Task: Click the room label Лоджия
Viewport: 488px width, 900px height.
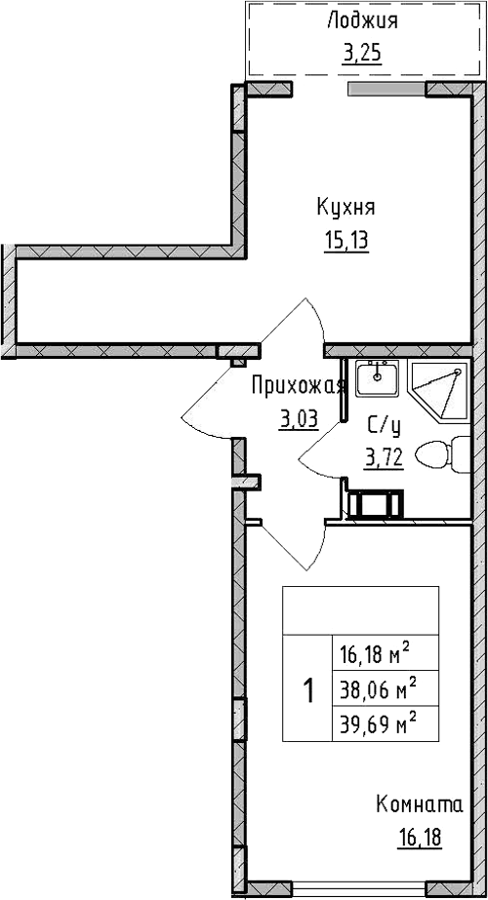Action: pyautogui.click(x=362, y=21)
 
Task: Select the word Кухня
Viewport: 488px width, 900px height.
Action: pyautogui.click(x=346, y=208)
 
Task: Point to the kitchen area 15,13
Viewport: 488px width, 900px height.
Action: pyautogui.click(x=346, y=241)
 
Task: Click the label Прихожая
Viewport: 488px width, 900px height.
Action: pyautogui.click(x=299, y=387)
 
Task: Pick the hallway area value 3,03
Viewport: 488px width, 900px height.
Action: pyautogui.click(x=299, y=420)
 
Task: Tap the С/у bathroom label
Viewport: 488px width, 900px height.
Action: pyautogui.click(x=384, y=427)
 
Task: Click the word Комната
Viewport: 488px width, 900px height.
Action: pyautogui.click(x=420, y=804)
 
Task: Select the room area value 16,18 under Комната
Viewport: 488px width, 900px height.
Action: pyautogui.click(x=419, y=838)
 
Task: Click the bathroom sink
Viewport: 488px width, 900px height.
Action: pyautogui.click(x=377, y=378)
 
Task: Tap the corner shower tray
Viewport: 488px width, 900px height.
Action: pyautogui.click(x=438, y=391)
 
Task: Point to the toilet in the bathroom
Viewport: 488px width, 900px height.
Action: pyautogui.click(x=442, y=454)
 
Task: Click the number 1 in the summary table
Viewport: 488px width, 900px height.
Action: pyautogui.click(x=308, y=689)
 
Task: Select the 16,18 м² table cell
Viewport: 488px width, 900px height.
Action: pyautogui.click(x=386, y=653)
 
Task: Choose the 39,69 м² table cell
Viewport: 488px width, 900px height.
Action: pyautogui.click(x=386, y=724)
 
